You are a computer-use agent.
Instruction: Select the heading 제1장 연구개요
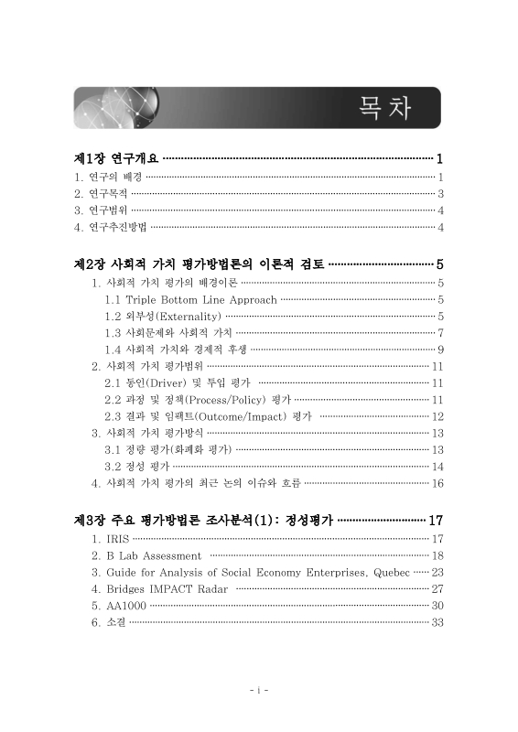coord(117,158)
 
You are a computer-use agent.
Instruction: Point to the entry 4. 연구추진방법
coord(110,227)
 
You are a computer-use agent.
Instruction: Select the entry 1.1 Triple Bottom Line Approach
coord(190,299)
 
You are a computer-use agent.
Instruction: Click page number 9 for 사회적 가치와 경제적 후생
coord(440,350)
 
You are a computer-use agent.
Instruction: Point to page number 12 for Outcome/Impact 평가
coord(437,416)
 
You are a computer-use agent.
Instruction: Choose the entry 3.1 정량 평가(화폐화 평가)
coord(168,449)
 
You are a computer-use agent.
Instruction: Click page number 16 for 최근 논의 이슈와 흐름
coord(437,483)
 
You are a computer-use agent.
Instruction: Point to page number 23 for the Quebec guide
coord(437,572)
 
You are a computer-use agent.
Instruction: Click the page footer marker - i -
coord(258,688)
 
